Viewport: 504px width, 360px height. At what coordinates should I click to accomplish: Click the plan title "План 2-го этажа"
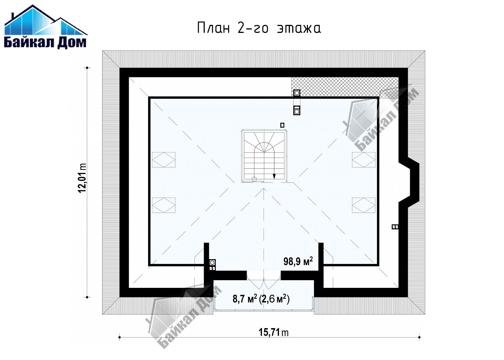coord(259,28)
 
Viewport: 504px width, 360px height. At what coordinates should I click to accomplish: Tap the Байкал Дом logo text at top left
coord(45,42)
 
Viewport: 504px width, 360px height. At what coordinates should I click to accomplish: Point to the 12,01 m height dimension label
coord(82,178)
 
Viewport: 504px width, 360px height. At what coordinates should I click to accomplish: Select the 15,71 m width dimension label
coord(273,332)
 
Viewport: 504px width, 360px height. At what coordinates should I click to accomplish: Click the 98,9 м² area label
coord(298,261)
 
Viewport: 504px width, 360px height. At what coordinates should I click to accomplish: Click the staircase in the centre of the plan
coord(264,156)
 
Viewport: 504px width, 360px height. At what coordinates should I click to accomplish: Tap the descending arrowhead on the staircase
coord(274,176)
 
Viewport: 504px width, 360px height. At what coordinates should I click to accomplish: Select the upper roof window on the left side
coord(163,160)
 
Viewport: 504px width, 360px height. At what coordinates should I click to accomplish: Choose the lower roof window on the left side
coord(163,205)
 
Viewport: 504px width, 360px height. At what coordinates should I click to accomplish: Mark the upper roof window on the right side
coord(364,160)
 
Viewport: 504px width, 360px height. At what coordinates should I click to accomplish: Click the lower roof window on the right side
coord(364,205)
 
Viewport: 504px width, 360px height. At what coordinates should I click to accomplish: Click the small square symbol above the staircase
coord(282,125)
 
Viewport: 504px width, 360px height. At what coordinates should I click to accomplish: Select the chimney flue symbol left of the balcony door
coord(212,263)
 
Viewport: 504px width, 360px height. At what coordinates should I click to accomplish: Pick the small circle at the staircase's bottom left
coord(254,179)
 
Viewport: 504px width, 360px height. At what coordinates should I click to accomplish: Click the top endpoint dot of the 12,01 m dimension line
coord(87,68)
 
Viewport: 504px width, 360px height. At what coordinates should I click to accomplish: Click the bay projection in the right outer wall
coord(409,182)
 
